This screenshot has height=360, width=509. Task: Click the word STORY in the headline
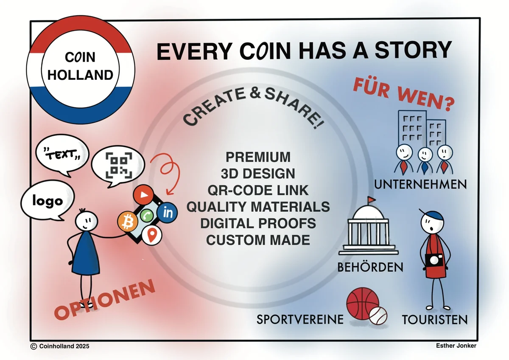pos(413,50)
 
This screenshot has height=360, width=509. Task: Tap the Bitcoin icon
pos(128,222)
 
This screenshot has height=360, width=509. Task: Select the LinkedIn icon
pos(167,213)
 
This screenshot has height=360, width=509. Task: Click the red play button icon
pos(143,195)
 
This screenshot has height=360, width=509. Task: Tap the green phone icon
pos(147,215)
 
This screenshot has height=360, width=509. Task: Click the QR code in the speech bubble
pos(119,165)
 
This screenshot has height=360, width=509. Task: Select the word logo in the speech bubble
pos(48,201)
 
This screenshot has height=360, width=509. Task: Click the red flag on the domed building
pos(371,200)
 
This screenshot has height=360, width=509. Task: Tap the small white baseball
pos(378,315)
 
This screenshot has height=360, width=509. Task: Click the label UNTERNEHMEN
pos(420,184)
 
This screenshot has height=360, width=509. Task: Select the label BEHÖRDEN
pos(370,267)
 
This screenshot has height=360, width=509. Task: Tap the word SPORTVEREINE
pos(300,319)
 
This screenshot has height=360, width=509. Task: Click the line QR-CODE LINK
pos(258,190)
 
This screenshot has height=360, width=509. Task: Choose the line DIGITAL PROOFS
pos(258,223)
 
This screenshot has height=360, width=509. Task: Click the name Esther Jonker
pos(456,346)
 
